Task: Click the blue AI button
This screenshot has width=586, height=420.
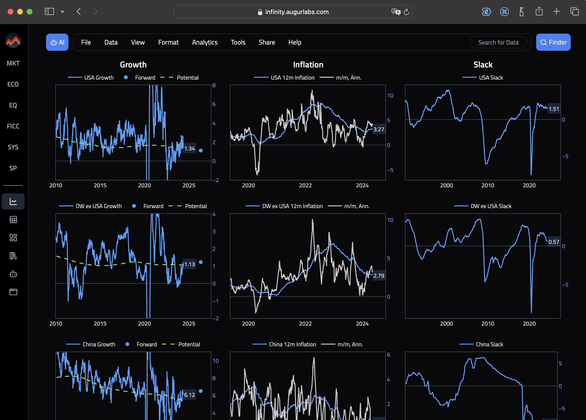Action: [x=57, y=42]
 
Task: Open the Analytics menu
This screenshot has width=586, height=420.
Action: [x=205, y=42]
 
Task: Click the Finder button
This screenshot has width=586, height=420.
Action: [x=553, y=42]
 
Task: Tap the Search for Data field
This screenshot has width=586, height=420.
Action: [x=498, y=42]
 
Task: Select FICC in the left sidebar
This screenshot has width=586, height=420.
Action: [x=13, y=126]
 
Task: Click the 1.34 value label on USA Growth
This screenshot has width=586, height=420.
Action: [x=189, y=149]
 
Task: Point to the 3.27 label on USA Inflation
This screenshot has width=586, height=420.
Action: [x=379, y=129]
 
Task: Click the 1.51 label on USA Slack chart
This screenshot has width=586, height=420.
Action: [x=554, y=109]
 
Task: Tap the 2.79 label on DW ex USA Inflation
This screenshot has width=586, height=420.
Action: [x=379, y=276]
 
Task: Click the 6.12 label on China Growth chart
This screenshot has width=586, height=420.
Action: [x=189, y=395]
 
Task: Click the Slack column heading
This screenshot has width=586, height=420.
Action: [x=483, y=65]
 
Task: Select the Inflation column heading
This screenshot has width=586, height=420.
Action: [x=308, y=65]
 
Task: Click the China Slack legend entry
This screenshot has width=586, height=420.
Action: [x=489, y=344]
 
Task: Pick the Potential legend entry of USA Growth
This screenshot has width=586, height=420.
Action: [x=187, y=78]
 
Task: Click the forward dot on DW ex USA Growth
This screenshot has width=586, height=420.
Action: [x=201, y=262]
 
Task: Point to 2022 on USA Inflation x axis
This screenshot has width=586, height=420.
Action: [x=305, y=185]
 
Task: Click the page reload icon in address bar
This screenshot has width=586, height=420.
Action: [x=406, y=12]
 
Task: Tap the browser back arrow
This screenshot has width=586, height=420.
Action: [x=79, y=12]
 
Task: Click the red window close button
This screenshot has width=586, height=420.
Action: [x=10, y=12]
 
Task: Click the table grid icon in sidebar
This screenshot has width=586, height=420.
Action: [x=13, y=220]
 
